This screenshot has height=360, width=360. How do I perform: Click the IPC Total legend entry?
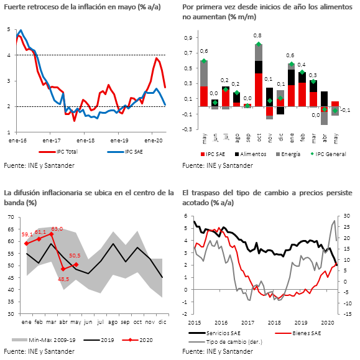pos(58,152)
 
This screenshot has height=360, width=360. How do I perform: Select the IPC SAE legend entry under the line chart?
pos(125,152)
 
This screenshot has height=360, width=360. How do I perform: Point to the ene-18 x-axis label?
pos(85,141)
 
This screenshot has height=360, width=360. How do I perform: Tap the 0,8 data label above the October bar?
pos(257,35)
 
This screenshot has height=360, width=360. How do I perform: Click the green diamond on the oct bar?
pos(259,44)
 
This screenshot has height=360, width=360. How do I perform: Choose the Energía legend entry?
pos(288,154)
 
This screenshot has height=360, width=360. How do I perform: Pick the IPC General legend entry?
pos(328,154)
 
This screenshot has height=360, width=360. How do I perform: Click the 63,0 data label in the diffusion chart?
pos(57,229)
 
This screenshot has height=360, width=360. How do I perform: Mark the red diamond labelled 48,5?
pos(63,269)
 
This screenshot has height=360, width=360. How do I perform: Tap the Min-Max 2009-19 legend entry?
pos(44,340)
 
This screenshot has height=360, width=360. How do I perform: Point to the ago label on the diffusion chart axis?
pos(113,322)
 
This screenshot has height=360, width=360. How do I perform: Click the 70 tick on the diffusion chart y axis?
pos(11,217)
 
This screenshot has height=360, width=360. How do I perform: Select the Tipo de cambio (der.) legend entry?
pos(225,342)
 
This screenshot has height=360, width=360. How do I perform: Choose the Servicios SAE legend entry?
pos(215,333)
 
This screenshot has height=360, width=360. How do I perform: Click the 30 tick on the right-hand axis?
pos(347,216)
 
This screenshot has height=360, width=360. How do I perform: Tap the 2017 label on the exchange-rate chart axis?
pos(247,323)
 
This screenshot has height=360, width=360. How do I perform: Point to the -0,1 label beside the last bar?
pos(345,110)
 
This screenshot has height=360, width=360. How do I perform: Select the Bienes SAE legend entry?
pos(298,333)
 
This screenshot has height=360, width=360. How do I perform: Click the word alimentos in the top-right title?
pos(335,7)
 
